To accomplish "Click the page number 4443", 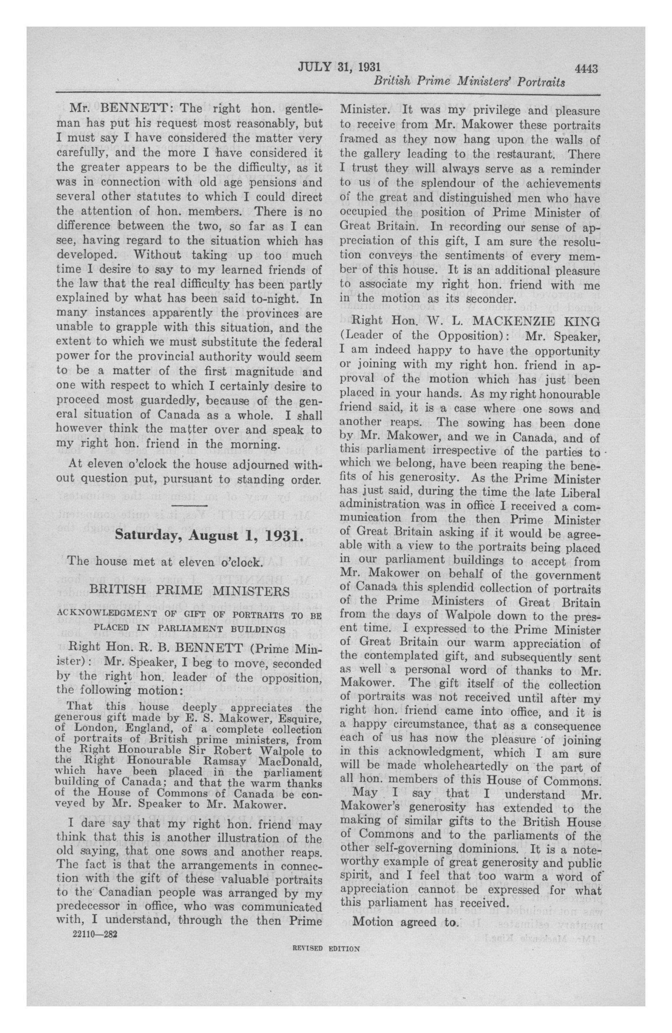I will [x=586, y=69].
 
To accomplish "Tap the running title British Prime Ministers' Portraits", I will [x=469, y=82].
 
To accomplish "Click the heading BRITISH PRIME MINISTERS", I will [x=189, y=591].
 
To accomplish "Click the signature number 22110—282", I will [x=94, y=933].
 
